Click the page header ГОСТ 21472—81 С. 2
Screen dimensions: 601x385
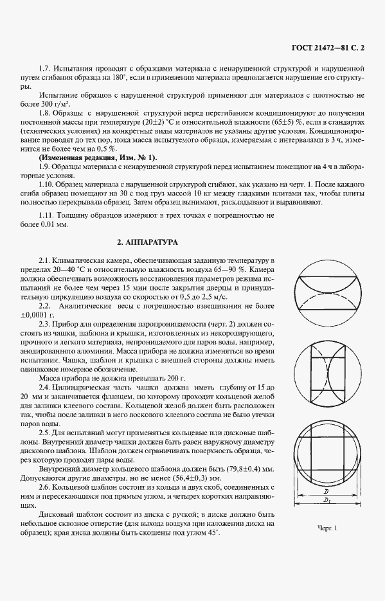tap(327, 48)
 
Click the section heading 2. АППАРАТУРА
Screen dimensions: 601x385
tap(147, 242)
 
